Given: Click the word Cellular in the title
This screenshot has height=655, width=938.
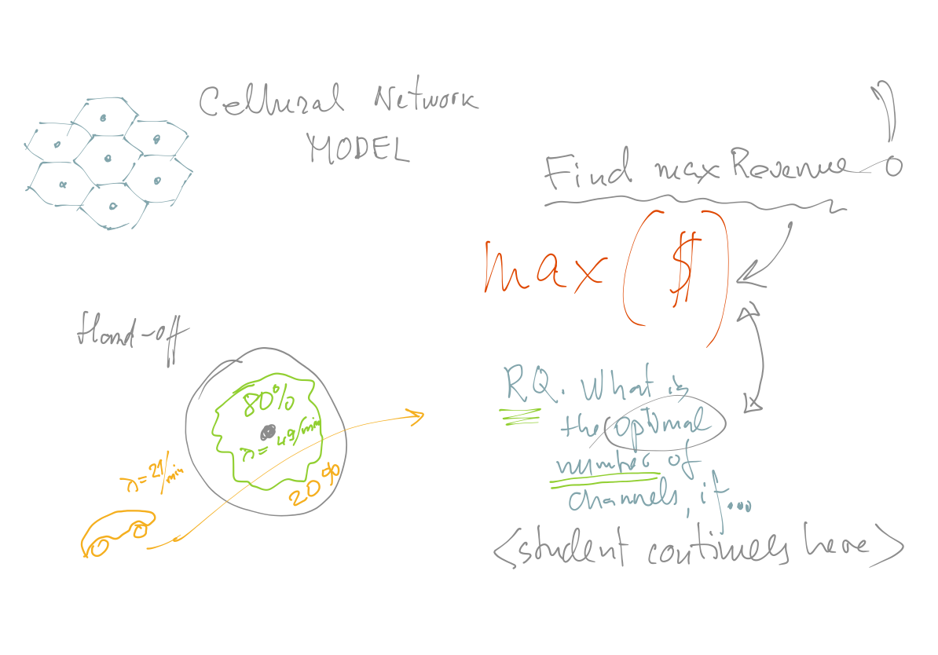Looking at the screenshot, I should (272, 101).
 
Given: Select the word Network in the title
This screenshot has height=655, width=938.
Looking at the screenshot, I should (425, 101).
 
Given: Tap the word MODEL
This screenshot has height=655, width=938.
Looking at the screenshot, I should (358, 147).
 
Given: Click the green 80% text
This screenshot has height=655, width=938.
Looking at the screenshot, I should (268, 403).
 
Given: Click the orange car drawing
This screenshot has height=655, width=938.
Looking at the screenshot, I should (117, 533).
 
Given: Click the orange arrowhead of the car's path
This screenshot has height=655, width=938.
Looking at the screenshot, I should (414, 415).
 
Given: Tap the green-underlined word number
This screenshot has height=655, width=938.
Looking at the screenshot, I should (604, 464).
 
